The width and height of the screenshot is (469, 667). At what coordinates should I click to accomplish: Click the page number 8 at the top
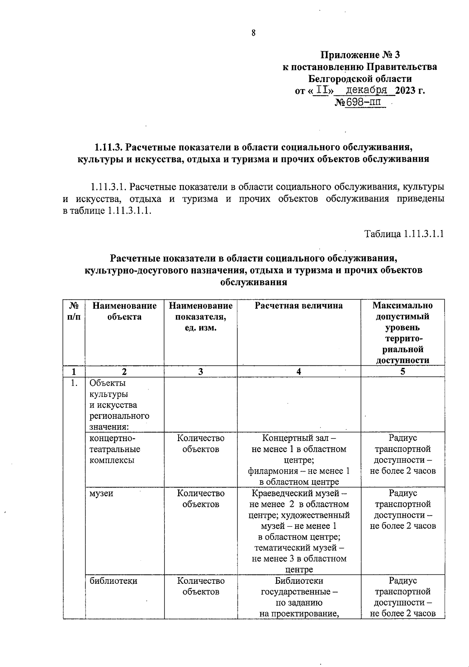point(253,33)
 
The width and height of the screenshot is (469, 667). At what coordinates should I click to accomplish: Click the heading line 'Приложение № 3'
point(360,55)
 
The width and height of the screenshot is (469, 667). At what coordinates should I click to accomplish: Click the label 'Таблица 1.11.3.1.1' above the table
point(404,234)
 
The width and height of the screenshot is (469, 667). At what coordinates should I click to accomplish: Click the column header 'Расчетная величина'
point(299,306)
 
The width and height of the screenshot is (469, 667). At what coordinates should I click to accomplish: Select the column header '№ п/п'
point(74,311)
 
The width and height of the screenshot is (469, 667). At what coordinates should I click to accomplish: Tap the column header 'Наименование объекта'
point(124,311)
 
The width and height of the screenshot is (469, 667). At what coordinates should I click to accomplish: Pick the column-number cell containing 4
point(299,372)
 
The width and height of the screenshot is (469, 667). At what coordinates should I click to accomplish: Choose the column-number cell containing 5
point(403,372)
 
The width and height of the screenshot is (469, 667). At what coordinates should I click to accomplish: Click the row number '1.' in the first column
point(73,383)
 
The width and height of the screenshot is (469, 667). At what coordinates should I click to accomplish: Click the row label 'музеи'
point(101,493)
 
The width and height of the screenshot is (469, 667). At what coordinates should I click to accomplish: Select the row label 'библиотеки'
point(113,581)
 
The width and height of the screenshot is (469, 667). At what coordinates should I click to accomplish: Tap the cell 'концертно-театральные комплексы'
point(115,449)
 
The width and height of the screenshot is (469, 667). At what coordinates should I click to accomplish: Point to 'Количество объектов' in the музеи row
point(200,499)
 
